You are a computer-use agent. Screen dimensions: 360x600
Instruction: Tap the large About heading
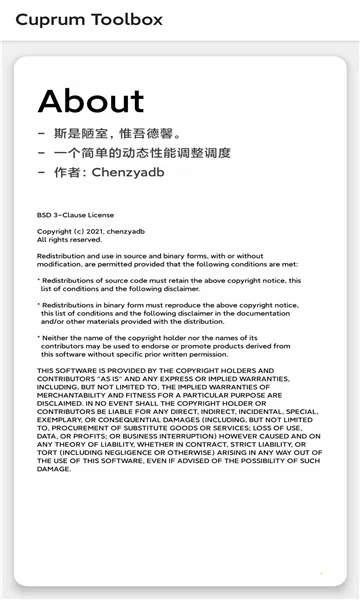91,101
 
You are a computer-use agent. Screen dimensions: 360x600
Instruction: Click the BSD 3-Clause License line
76,215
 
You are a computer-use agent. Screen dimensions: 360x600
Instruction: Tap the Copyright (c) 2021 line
91,231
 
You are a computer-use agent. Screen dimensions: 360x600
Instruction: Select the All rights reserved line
70,240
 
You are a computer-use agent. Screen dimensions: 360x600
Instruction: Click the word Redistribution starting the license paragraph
63,256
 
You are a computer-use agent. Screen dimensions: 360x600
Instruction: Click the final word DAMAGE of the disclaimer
55,469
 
